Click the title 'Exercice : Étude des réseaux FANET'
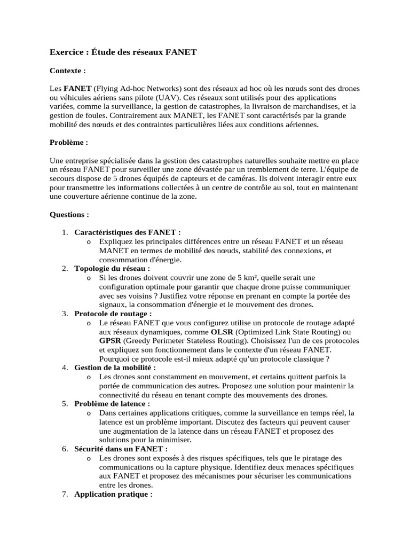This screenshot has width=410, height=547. click(123, 52)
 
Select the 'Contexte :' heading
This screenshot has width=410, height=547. click(68, 71)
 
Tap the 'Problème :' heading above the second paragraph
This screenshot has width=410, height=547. click(69, 143)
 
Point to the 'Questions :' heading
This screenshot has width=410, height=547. click(69, 214)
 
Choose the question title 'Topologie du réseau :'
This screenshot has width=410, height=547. click(112, 268)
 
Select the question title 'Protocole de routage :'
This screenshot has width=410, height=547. click(113, 314)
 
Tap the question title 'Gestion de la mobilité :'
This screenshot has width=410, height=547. click(115, 368)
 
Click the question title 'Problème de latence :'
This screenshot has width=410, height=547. click(112, 403)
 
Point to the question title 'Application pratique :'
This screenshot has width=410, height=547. click(114, 494)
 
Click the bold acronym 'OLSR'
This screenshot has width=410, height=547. click(222, 332)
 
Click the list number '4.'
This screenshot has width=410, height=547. click(65, 368)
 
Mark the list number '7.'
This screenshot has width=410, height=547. click(65, 494)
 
